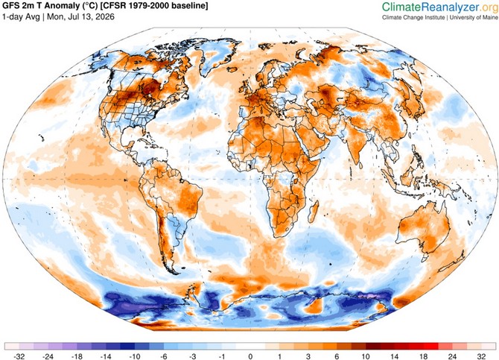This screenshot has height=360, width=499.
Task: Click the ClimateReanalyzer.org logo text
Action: coord(440,7)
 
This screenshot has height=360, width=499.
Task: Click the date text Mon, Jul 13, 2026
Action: coord(80,16)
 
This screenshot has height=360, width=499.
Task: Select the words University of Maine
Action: coord(474,18)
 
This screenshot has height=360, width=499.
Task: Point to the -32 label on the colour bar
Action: coord(19,356)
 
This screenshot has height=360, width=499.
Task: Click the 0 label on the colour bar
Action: coord(250,356)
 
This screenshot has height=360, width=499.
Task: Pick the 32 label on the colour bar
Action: coord(481,356)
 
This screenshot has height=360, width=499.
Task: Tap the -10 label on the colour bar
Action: coord(135,356)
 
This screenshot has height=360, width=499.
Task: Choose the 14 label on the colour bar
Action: coord(395,356)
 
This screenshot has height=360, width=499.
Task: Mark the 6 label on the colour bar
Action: coord(337,356)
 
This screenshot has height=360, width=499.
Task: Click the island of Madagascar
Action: coord(314,212)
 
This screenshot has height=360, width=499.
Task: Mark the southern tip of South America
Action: coord(175,273)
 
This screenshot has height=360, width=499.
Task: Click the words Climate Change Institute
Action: coord(413,18)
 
